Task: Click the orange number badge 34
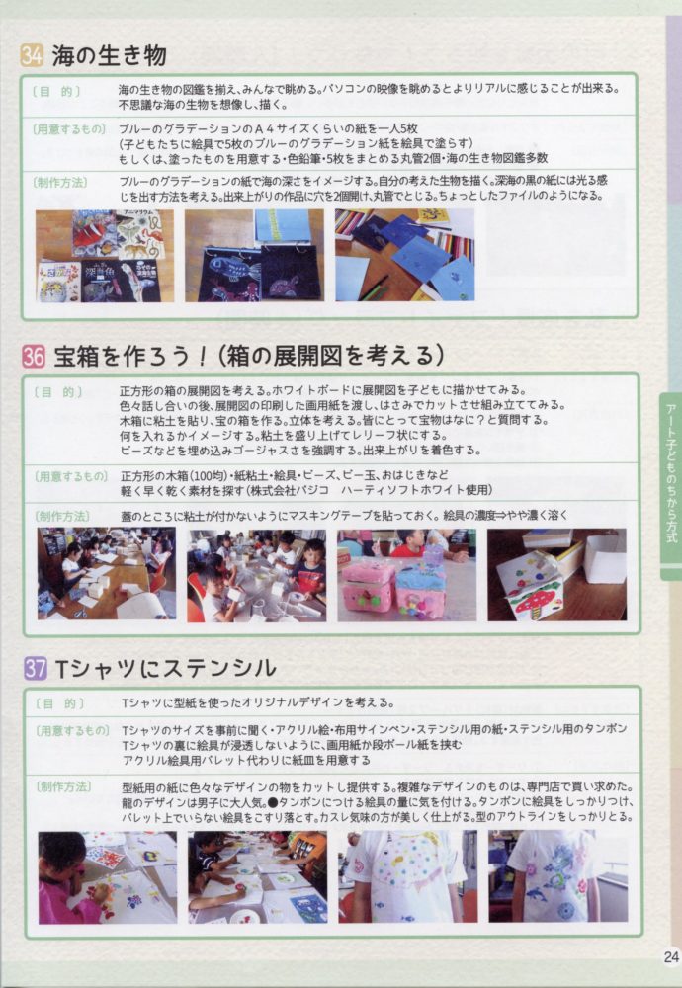(32, 55)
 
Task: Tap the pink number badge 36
(34, 356)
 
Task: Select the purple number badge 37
(36, 668)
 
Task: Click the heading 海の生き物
(109, 55)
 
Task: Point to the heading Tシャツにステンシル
(166, 668)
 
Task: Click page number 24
(670, 956)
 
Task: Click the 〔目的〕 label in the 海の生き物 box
(56, 91)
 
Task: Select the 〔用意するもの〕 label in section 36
(70, 476)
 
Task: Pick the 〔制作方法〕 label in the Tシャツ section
(63, 786)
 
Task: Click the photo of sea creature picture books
(105, 255)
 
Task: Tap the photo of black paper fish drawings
(254, 255)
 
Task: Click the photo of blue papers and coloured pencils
(404, 255)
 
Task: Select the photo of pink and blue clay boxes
(406, 575)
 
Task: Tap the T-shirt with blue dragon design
(557, 875)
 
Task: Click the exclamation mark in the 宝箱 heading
(202, 356)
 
